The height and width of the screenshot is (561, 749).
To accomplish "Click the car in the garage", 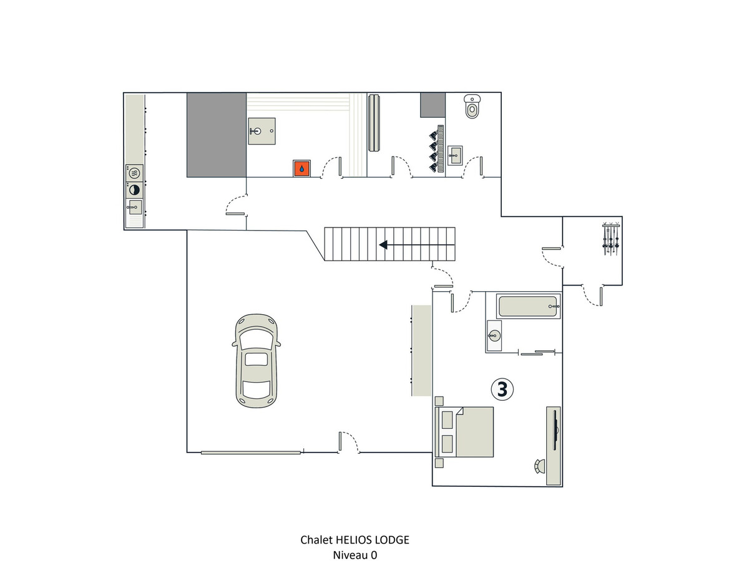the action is (256, 361).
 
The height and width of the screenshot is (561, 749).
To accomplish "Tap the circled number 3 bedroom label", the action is (502, 389).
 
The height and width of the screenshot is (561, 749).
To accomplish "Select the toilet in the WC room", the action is (472, 106).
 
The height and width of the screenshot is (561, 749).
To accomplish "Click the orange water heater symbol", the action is (301, 168).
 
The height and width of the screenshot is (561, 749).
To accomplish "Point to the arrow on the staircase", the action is (417, 244).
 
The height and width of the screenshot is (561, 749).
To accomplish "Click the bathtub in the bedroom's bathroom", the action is (528, 306).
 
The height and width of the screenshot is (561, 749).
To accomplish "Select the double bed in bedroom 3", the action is (464, 431).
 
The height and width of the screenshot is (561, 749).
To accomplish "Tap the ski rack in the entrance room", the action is (611, 239).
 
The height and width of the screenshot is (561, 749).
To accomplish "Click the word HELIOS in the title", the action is (354, 540).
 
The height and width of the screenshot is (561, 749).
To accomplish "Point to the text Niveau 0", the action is (355, 555).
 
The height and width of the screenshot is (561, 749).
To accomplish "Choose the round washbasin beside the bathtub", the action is (494, 335).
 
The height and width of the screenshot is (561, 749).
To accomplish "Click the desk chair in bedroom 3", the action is (539, 466).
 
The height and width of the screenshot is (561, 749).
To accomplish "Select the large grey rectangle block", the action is (217, 135).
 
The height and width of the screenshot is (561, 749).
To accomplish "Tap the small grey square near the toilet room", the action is (433, 105).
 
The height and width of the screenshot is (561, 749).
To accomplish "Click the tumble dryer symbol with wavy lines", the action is (134, 173).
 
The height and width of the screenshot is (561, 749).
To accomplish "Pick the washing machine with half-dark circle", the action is (134, 190).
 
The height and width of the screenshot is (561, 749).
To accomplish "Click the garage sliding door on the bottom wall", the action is (251, 453).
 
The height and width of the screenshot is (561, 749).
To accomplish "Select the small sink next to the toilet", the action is (454, 155).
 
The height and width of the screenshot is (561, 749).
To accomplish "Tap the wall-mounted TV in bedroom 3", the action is (555, 431).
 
